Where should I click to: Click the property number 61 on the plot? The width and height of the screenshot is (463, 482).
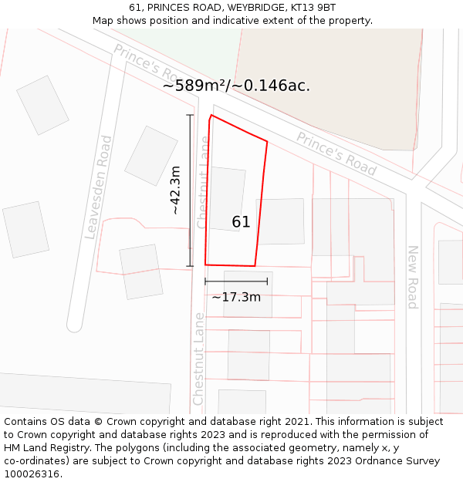[241, 222]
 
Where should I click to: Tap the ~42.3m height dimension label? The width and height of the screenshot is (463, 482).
[176, 190]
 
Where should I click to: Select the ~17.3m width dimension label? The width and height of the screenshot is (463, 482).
[236, 297]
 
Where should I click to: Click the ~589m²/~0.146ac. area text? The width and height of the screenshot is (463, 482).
[236, 86]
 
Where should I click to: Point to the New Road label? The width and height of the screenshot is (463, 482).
[413, 277]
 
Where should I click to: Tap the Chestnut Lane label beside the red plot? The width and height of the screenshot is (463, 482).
[203, 183]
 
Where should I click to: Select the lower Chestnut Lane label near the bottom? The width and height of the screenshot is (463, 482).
[198, 359]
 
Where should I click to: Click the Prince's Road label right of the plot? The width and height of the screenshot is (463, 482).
[336, 154]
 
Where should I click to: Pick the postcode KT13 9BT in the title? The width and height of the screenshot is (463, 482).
[313, 7]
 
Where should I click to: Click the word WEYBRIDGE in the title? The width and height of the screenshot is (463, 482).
[254, 7]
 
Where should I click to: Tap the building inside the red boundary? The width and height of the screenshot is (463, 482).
[228, 199]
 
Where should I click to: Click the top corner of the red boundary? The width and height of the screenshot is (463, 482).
[211, 116]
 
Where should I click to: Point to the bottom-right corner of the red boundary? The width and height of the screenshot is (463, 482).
[255, 266]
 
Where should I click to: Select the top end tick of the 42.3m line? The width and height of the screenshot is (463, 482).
[190, 115]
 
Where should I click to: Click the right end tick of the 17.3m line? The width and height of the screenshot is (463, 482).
[267, 281]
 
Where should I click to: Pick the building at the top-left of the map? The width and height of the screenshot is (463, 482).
[43, 105]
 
